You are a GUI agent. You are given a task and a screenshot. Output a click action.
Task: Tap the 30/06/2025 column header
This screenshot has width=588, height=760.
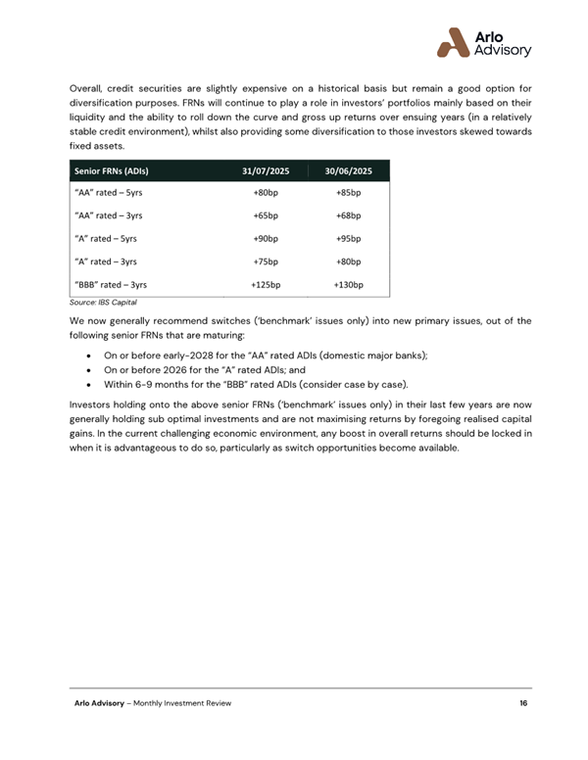tap(348, 170)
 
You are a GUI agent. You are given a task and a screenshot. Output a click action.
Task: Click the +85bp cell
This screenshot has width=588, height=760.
tap(348, 193)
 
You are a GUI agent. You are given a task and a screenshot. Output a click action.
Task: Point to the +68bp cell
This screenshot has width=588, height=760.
tap(348, 215)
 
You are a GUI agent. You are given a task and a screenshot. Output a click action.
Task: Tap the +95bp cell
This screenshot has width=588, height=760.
tap(348, 239)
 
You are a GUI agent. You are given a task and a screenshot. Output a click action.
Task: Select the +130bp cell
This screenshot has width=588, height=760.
tap(348, 285)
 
